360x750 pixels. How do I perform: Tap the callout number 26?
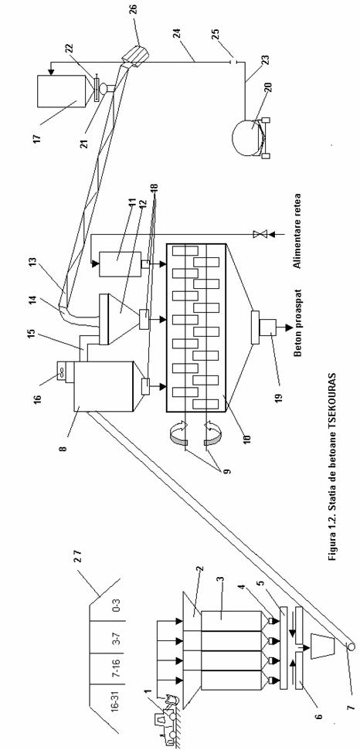(133, 9)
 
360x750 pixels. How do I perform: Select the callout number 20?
(267, 93)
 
